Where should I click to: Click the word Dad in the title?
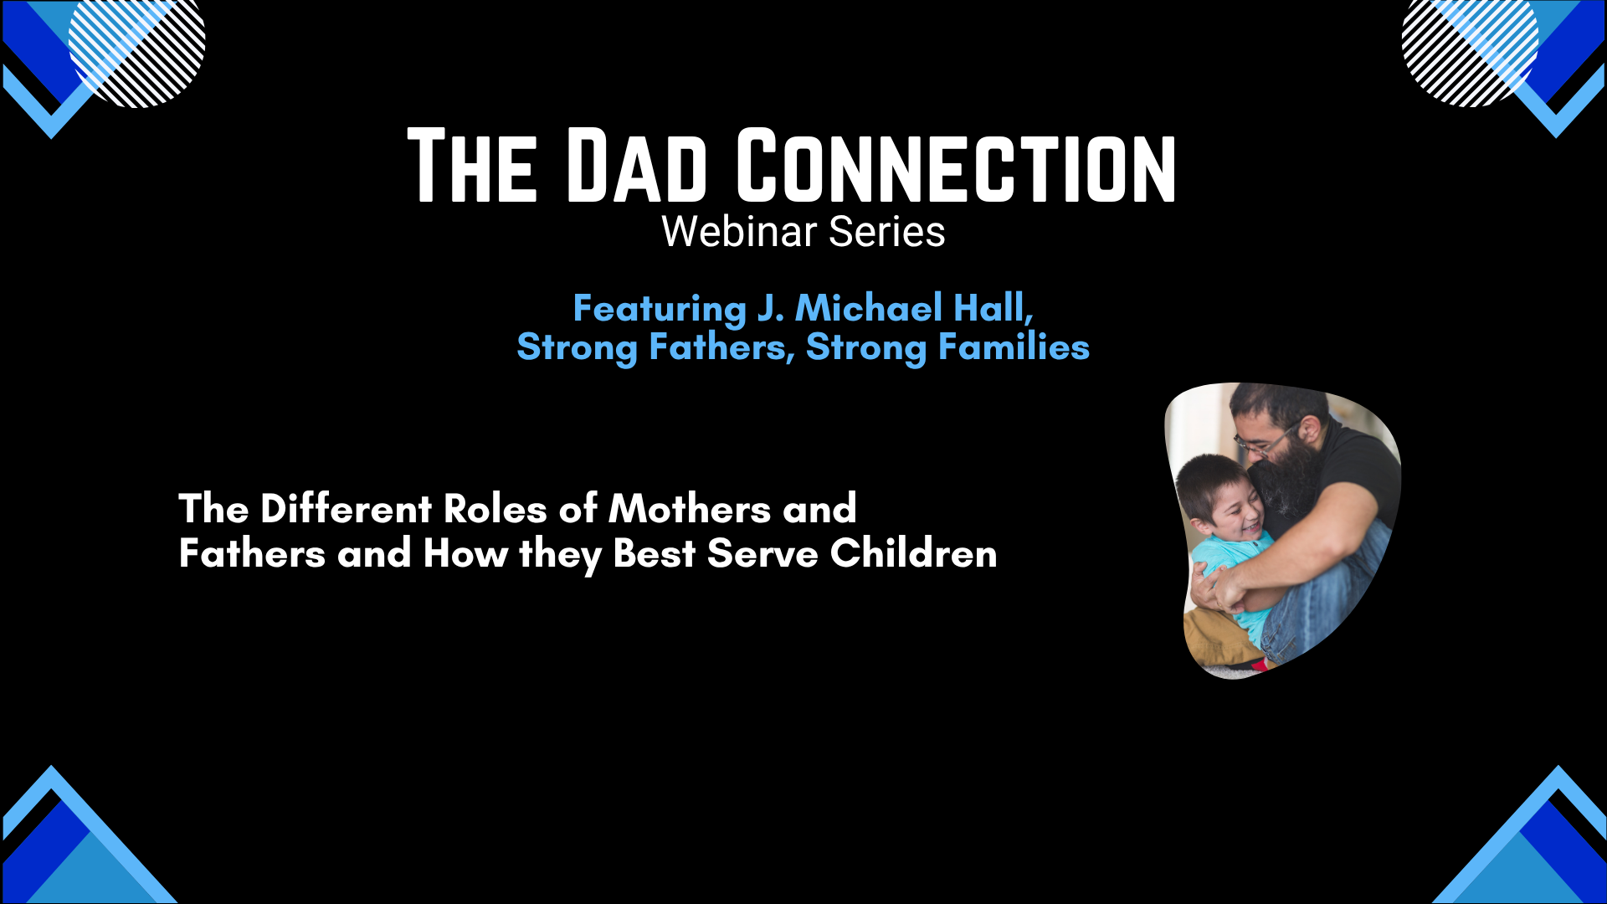click(x=637, y=166)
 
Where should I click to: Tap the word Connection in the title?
click(x=957, y=166)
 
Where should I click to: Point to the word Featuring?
click(x=660, y=309)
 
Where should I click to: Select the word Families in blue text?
click(x=1014, y=347)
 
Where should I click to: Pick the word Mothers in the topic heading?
click(x=690, y=508)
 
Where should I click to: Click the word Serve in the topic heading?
click(x=762, y=553)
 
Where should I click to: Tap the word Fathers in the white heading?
click(x=252, y=553)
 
